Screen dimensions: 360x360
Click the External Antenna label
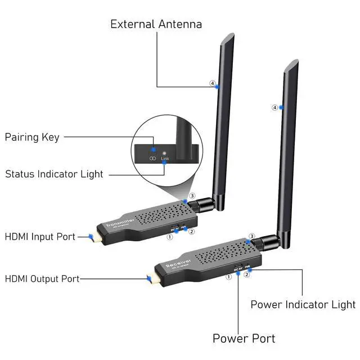coord(156,24)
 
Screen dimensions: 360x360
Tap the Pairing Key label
coord(32,137)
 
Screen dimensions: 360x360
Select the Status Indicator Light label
coord(54,174)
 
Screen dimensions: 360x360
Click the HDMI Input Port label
coord(40,237)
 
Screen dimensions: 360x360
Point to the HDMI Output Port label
coord(42,278)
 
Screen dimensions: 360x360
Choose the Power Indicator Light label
coord(303,304)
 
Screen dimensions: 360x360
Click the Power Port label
coord(244,338)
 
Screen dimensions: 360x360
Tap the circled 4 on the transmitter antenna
coord(213,84)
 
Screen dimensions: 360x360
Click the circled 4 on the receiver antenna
coord(274,107)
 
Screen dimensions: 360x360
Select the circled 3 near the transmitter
coord(192,196)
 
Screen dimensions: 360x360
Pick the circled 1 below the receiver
coord(229,277)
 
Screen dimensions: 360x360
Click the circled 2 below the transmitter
coord(191,231)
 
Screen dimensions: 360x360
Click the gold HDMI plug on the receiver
coord(150,279)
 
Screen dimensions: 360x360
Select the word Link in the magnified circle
coord(164,159)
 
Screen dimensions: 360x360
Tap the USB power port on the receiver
coord(238,266)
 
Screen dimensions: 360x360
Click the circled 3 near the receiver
coord(252,236)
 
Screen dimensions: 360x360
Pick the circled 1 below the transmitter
coord(169,237)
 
